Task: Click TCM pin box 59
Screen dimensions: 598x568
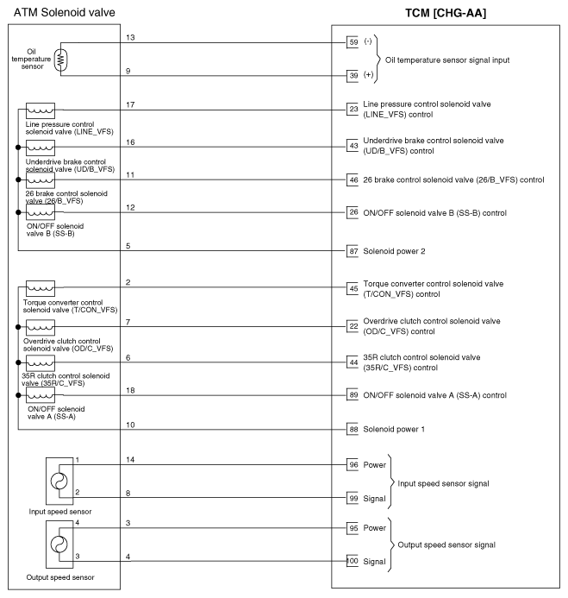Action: pyautogui.click(x=353, y=41)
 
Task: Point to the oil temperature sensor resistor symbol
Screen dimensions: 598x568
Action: pyautogui.click(x=59, y=59)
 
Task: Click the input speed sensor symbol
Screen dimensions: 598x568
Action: pyautogui.click(x=59, y=482)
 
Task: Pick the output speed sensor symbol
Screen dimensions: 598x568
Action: pyautogui.click(x=59, y=544)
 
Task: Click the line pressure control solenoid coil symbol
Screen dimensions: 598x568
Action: pyautogui.click(x=41, y=110)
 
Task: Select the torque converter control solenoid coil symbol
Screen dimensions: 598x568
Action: pyautogui.click(x=41, y=287)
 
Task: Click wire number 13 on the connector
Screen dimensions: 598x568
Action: pyautogui.click(x=131, y=38)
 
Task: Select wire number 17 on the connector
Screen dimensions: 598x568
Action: pyautogui.click(x=131, y=105)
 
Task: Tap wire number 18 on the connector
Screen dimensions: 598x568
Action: pyautogui.click(x=131, y=391)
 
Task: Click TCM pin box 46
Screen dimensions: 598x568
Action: pyautogui.click(x=353, y=179)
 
